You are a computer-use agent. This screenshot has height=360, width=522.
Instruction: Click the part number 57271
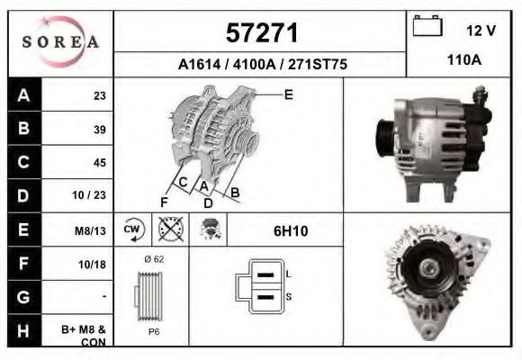[x=261, y=34]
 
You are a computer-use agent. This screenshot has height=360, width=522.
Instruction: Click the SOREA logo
[x=60, y=42]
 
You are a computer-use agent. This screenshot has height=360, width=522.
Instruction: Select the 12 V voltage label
[x=481, y=31]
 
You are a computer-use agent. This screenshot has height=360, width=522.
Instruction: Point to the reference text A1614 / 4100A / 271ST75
[x=262, y=65]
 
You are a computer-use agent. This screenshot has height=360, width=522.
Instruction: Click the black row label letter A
[x=24, y=95]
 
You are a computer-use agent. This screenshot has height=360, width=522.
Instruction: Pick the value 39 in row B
[x=99, y=129]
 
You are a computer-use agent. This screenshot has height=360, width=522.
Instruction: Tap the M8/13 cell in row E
[x=91, y=230]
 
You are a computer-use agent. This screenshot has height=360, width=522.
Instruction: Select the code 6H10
[x=291, y=231]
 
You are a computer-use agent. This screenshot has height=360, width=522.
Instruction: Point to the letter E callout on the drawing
[x=288, y=94]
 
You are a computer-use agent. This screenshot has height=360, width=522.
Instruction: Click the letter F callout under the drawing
[x=164, y=201]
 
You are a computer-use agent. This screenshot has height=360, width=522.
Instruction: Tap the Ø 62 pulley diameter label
[x=153, y=259]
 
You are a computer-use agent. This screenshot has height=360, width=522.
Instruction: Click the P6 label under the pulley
[x=154, y=331]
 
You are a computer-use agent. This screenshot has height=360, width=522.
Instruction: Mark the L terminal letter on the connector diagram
[x=287, y=273]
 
